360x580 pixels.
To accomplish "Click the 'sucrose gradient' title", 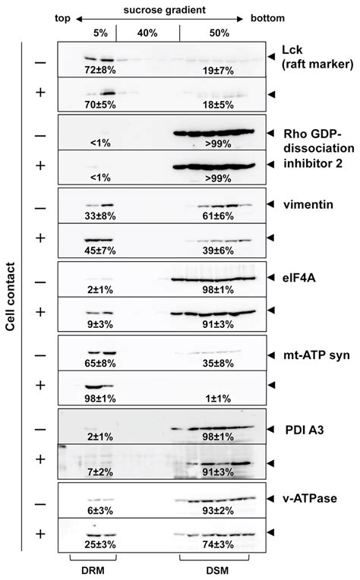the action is click(164, 10).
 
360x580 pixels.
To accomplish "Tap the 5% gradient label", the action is click(100, 33).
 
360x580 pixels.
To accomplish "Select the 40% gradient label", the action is click(147, 33).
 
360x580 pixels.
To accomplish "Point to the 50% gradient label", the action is click(219, 33).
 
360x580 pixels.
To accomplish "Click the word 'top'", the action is click(62, 18).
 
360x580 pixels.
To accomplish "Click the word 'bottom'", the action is click(267, 18).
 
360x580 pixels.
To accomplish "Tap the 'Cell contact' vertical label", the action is click(11, 296).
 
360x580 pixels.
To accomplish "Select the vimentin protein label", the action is click(308, 204).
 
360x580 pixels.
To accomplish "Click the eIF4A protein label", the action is click(299, 277).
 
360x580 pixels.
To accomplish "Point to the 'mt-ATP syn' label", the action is click(317, 355).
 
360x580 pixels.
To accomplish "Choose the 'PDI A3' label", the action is click(304, 430).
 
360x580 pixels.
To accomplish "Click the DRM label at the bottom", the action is click(93, 570).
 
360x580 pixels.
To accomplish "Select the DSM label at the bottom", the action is click(217, 570).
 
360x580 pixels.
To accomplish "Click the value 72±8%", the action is click(100, 70).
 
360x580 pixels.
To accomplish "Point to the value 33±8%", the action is click(100, 216).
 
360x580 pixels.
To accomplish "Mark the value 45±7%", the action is click(100, 251).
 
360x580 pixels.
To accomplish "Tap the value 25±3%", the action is click(100, 544).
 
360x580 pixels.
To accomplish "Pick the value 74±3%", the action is click(218, 544).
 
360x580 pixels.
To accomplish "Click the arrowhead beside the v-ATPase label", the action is click(271, 498).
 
